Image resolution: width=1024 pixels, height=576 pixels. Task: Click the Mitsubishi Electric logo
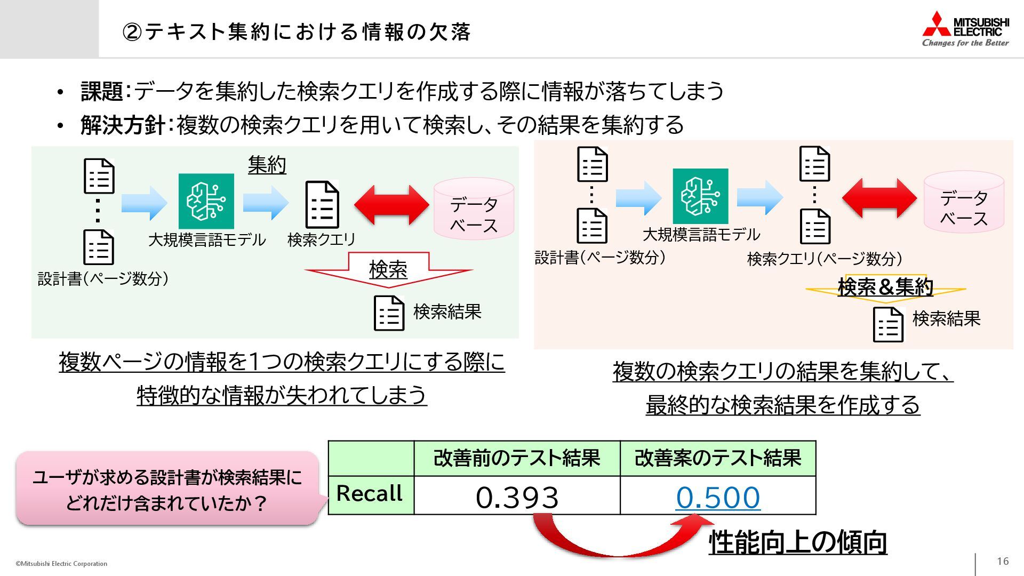pos(965,29)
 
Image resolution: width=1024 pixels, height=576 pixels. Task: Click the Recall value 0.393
pos(516,497)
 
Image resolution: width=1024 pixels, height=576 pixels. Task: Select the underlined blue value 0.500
pos(718,497)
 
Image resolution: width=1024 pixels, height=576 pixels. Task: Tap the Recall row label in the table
pos(370,494)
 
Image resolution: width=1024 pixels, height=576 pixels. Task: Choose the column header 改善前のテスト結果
pos(516,458)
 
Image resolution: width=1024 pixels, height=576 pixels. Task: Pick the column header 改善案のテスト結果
pos(718,458)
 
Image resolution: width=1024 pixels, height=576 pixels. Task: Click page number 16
pos(1003,561)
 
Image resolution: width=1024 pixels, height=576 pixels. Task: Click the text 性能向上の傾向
pos(797,542)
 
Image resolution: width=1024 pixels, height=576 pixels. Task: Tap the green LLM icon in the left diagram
pos(206,201)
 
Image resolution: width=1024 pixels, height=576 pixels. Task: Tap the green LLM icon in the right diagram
pos(700,196)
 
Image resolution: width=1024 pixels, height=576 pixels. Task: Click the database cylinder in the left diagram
pos(474,209)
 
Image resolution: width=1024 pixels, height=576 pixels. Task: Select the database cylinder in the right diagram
pos(964,202)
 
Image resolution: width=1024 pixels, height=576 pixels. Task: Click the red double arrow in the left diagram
pos(391,205)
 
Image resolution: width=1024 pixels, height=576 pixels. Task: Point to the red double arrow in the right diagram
pos(879,198)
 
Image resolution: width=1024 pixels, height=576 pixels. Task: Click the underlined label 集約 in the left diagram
pos(267,165)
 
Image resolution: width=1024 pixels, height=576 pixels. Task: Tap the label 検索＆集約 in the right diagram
pos(885,287)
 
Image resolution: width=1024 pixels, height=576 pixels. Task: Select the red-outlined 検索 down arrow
pos(388,269)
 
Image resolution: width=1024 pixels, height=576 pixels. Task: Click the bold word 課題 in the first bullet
pos(101,91)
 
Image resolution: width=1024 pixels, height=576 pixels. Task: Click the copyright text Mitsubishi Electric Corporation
pos(61,564)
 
